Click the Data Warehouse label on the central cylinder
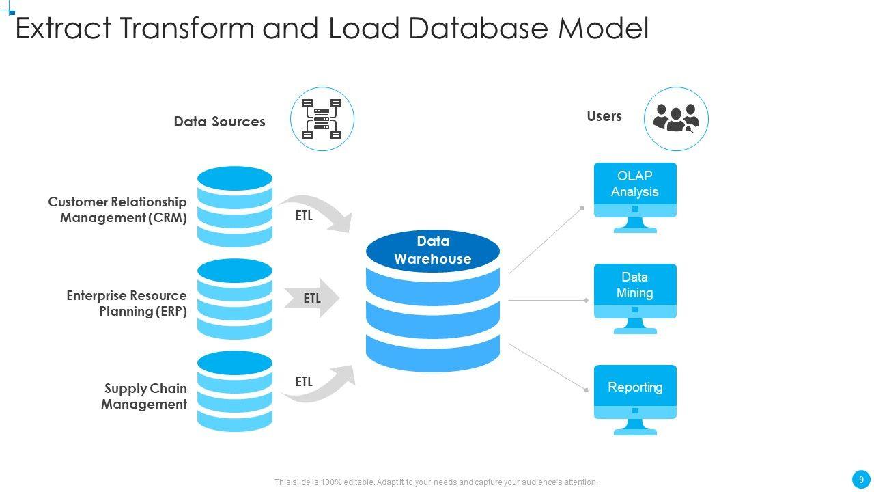click(x=433, y=250)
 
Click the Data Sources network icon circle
click(x=322, y=119)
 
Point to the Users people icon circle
click(x=676, y=119)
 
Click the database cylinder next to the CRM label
click(x=235, y=206)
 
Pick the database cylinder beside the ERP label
click(x=235, y=299)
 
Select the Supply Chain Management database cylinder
click(x=235, y=392)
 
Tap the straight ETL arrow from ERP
click(x=312, y=298)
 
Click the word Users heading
click(x=604, y=116)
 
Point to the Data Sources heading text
click(x=219, y=122)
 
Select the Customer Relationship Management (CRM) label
click(x=117, y=210)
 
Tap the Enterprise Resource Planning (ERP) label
click(x=127, y=303)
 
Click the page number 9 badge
click(x=861, y=479)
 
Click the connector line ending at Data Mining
click(x=546, y=300)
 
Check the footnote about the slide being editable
click(x=436, y=482)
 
